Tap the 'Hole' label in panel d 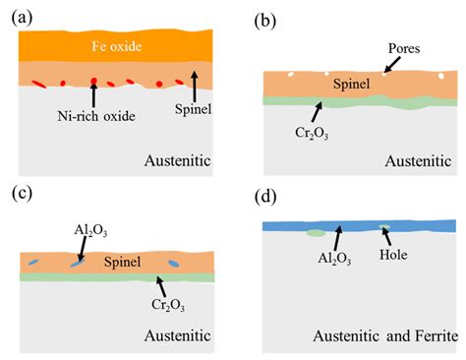pyautogui.click(x=403, y=265)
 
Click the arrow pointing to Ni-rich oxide pyautogui.click(x=93, y=93)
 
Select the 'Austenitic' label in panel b pyautogui.click(x=417, y=157)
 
